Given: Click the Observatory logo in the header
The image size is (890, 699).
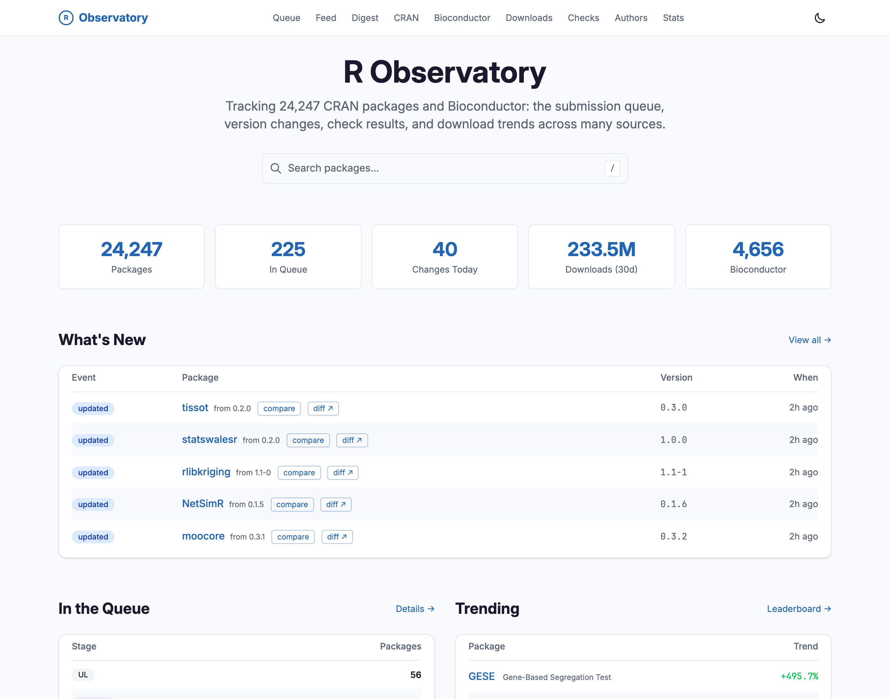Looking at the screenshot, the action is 103,17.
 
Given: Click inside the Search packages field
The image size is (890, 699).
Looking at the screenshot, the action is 445,168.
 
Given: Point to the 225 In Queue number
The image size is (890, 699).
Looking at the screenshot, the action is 288,249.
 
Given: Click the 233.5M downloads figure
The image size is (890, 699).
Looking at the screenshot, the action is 601,249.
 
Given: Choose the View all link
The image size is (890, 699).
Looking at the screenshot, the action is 809,340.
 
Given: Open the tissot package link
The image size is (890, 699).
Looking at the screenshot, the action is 195,408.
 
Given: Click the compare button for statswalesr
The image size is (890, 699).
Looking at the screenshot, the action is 308,440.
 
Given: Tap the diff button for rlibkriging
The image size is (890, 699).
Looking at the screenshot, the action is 343,473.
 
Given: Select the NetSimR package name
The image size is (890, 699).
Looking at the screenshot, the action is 203,504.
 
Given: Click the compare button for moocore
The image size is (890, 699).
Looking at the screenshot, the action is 293,537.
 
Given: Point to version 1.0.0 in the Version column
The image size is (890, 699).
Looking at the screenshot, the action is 674,440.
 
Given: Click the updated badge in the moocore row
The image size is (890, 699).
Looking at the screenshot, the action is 93,537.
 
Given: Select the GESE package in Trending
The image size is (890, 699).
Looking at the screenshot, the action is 482,676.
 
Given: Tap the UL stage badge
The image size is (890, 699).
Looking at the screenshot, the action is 83,675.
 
